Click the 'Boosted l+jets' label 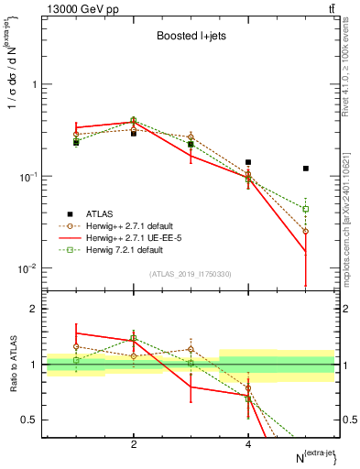click(191, 35)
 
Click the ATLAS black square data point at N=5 click(306, 169)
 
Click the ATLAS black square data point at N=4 click(248, 162)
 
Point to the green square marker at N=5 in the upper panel click(306, 209)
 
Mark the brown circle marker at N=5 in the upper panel click(306, 232)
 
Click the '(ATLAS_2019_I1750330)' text click(191, 274)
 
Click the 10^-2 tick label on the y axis click(27, 269)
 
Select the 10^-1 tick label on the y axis click(27, 177)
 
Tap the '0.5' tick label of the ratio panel click(29, 420)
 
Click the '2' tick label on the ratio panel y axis click(34, 310)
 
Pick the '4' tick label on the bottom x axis click(248, 444)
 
